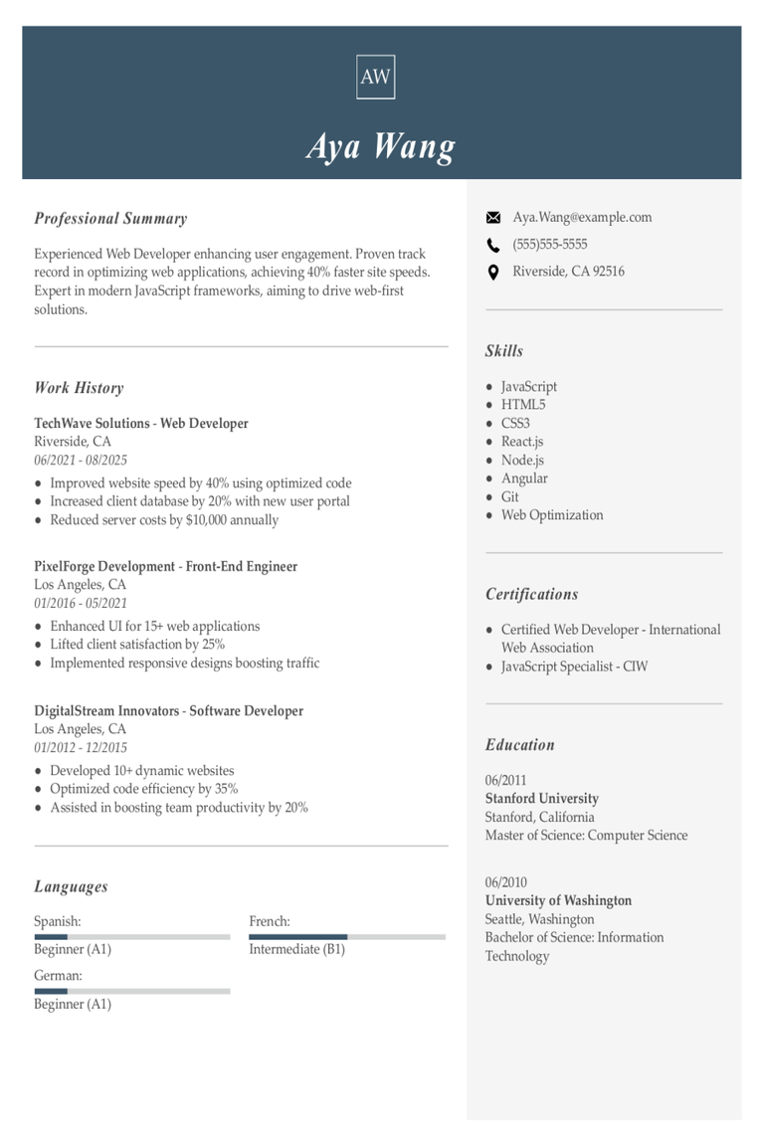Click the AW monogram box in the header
[375, 77]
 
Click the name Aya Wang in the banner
[381, 146]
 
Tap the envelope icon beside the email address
[492, 218]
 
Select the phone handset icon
[492, 245]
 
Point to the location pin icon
[492, 272]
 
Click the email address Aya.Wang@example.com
[582, 217]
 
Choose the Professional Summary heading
[110, 219]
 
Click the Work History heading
[79, 388]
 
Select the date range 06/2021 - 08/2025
[81, 461]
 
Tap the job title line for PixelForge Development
[165, 566]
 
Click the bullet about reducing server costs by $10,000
[164, 519]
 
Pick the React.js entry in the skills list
[522, 442]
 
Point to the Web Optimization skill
[552, 515]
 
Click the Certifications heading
[531, 594]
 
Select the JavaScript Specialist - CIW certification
[574, 667]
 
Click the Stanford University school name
[542, 799]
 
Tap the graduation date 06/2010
[506, 882]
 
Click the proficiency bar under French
[347, 936]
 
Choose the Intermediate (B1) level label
[296, 949]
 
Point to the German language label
[58, 976]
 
